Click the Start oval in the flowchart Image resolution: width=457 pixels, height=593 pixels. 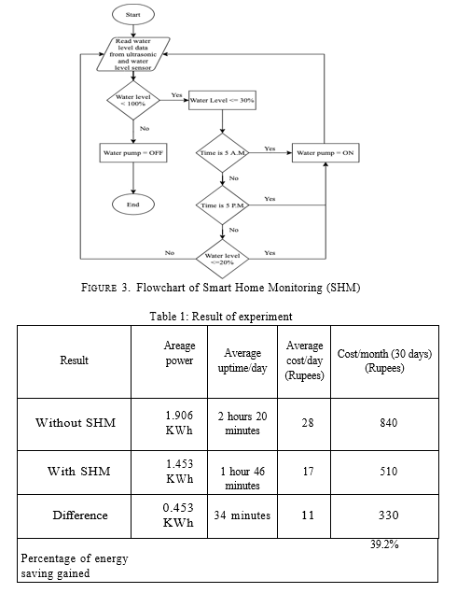click(x=133, y=15)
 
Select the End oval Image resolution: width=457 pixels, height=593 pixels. click(x=133, y=205)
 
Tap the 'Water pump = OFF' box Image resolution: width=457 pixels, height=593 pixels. click(x=133, y=153)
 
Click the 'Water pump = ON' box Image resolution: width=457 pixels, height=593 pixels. click(x=325, y=153)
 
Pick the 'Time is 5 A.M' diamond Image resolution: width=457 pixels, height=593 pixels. click(x=223, y=153)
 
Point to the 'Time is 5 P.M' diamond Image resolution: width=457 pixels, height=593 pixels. click(x=223, y=205)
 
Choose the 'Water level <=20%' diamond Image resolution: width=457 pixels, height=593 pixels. click(x=223, y=259)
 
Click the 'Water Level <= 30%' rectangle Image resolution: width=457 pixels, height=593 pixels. click(x=222, y=100)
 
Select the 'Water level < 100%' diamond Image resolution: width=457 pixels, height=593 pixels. click(x=133, y=100)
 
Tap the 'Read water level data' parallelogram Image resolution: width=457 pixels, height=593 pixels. click(x=133, y=54)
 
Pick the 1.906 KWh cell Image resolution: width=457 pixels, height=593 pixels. click(x=179, y=423)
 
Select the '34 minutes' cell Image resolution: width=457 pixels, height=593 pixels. click(x=242, y=515)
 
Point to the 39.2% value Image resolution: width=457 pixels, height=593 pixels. click(x=384, y=544)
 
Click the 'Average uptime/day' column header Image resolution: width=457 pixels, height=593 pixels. click(x=242, y=360)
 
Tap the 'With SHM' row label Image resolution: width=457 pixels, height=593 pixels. click(x=78, y=472)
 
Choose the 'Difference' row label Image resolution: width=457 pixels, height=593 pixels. click(x=80, y=515)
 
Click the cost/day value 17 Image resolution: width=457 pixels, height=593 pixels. click(x=308, y=472)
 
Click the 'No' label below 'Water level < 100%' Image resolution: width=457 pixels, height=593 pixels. click(x=145, y=129)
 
